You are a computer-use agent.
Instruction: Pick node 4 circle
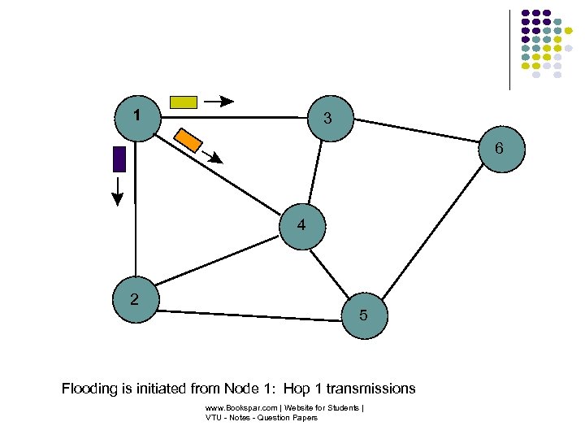click(x=301, y=225)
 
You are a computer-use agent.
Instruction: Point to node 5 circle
click(x=363, y=314)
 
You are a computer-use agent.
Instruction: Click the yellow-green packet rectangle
click(x=183, y=102)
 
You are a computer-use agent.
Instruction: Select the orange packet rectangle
click(x=188, y=139)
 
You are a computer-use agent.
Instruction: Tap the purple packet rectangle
click(x=119, y=159)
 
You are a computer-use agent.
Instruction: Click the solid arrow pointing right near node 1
click(x=218, y=102)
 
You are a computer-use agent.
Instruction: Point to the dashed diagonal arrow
click(x=212, y=157)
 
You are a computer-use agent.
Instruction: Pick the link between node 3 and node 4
click(x=314, y=172)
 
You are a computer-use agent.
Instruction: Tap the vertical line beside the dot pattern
click(x=510, y=49)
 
